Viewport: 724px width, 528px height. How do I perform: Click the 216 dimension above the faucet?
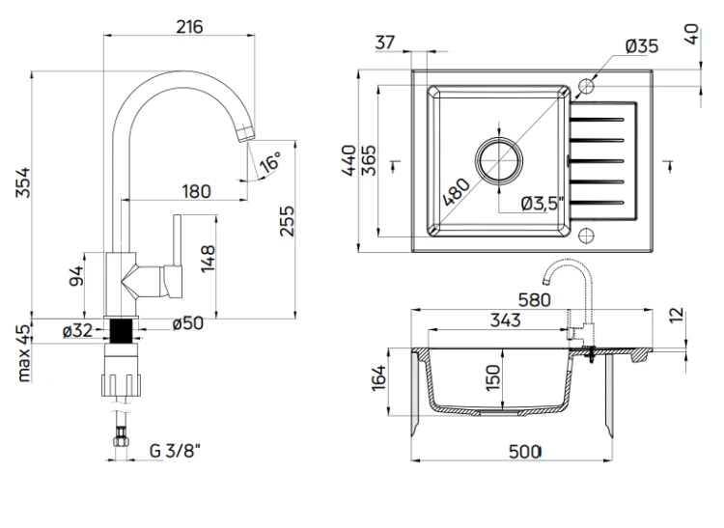(189, 27)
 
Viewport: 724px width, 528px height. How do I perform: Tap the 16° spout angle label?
(270, 162)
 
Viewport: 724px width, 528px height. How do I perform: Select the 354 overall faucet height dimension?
(22, 182)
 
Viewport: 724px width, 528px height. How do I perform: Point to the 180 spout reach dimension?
(196, 191)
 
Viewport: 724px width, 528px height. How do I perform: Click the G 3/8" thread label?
(175, 451)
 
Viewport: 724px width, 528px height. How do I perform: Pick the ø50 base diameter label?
(188, 323)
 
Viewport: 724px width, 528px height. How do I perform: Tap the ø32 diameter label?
(77, 330)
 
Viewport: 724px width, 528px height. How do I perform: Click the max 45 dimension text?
(23, 353)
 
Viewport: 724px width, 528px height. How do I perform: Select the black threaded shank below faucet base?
(121, 331)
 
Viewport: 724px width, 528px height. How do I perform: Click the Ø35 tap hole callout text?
(642, 46)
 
